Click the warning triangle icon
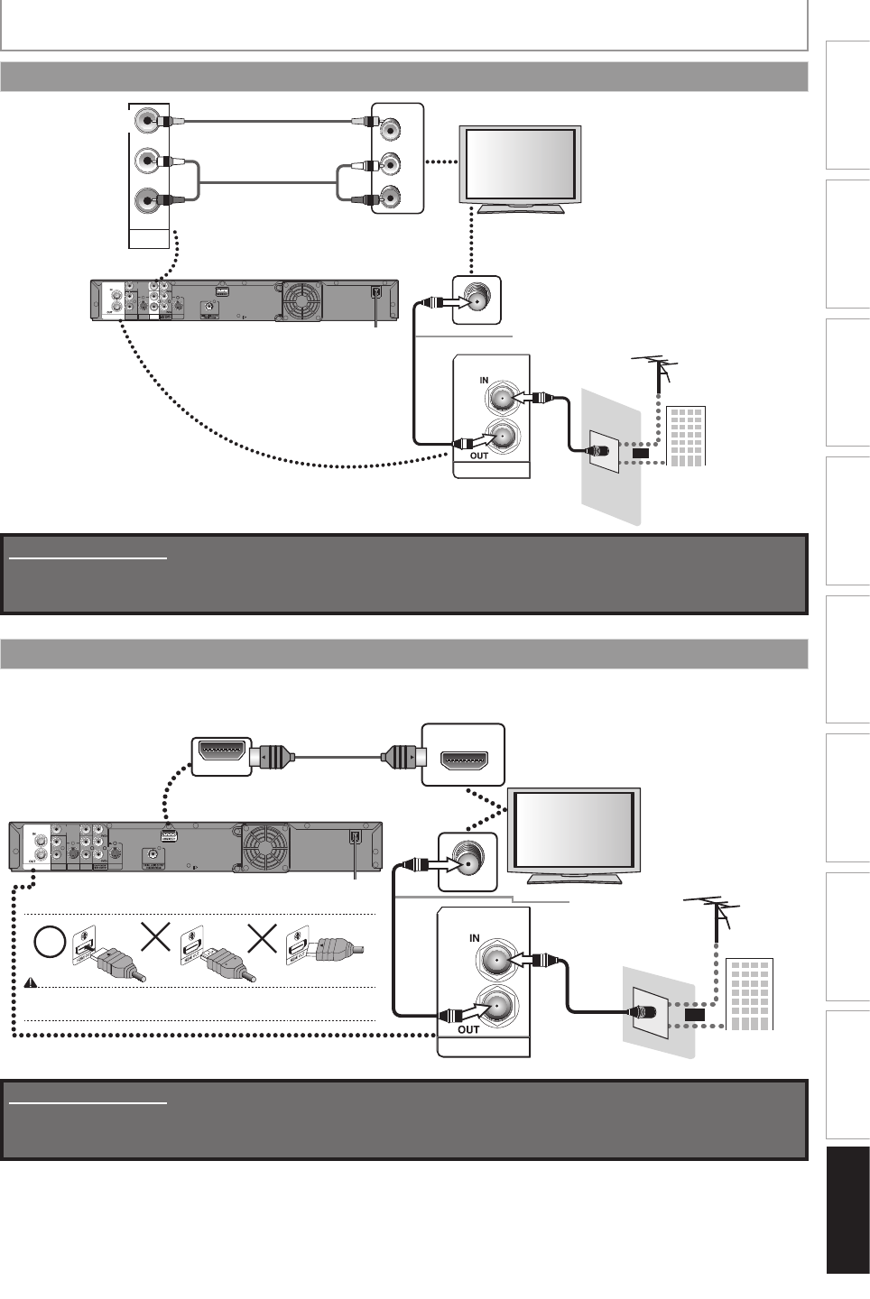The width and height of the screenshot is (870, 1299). (29, 983)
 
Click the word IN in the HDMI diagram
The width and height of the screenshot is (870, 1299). (475, 939)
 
